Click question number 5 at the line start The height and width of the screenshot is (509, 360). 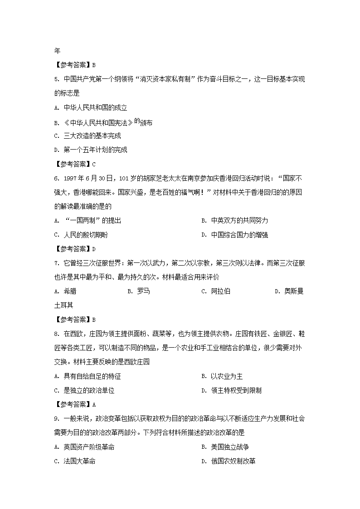tap(56, 79)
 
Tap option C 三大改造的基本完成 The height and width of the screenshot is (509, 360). tap(87, 136)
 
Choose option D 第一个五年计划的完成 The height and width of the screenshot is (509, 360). tap(90, 150)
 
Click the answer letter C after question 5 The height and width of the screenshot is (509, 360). tap(93, 164)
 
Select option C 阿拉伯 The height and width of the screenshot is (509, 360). tap(216, 291)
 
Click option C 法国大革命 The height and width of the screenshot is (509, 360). tap(75, 461)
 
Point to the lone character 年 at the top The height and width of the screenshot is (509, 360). tap(57, 51)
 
